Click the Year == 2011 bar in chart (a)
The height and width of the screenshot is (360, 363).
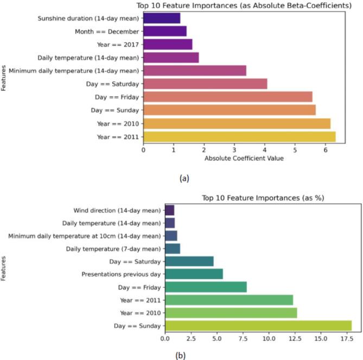point(239,136)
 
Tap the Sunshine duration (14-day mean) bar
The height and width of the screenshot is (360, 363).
point(162,18)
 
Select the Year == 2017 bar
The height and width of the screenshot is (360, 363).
point(168,45)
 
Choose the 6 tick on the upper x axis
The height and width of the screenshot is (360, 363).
point(325,150)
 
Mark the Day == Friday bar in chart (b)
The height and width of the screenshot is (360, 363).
point(206,287)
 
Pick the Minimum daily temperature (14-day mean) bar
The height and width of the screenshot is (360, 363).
point(195,71)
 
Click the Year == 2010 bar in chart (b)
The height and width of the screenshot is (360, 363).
point(231,313)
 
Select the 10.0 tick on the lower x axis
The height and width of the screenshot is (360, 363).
point(268,339)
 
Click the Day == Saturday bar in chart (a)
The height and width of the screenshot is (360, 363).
point(205,84)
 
